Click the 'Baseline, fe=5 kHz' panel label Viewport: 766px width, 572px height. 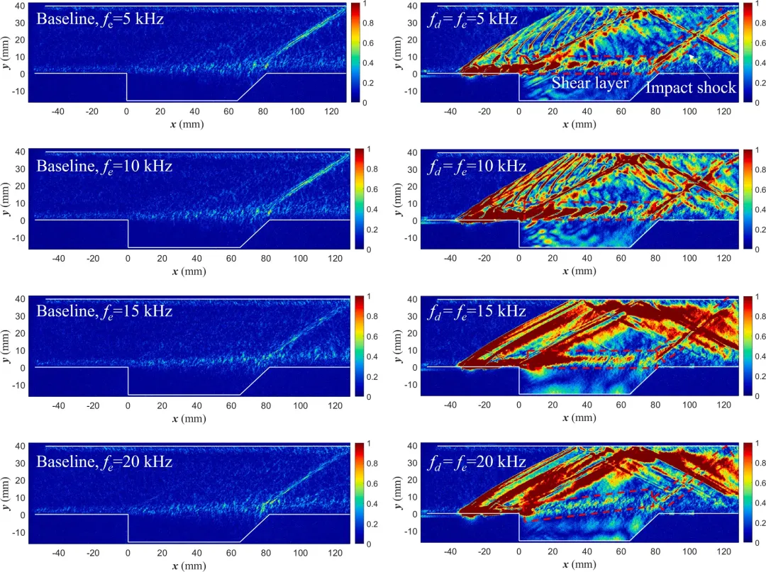[x=100, y=19]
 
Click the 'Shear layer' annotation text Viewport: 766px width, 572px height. [x=590, y=84]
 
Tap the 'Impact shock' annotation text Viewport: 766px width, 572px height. [x=690, y=88]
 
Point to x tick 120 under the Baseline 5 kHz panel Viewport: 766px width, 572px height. [x=331, y=111]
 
